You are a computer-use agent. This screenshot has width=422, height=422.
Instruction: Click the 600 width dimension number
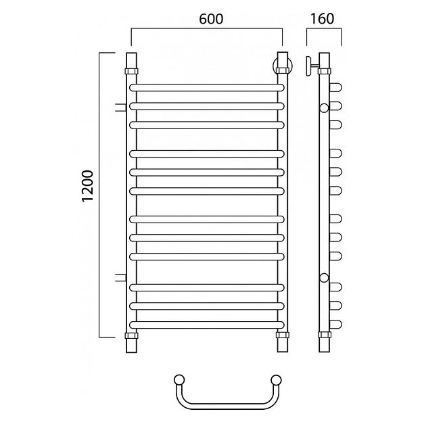(x=211, y=19)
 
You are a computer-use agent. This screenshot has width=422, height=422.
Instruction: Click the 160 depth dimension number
(x=322, y=18)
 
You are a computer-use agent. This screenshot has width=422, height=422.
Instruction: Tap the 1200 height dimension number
(x=87, y=186)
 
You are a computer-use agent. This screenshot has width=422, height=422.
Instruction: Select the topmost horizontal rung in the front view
(x=207, y=87)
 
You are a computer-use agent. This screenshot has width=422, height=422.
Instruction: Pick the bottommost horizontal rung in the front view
(x=207, y=325)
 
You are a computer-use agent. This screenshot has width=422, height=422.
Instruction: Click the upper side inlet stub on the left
(x=120, y=108)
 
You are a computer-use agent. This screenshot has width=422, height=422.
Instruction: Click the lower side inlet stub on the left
(x=120, y=277)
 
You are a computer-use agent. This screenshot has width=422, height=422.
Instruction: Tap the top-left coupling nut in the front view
(x=131, y=71)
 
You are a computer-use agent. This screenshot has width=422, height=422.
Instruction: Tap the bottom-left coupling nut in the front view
(x=131, y=335)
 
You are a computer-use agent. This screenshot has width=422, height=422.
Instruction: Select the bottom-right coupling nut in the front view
(x=283, y=335)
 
